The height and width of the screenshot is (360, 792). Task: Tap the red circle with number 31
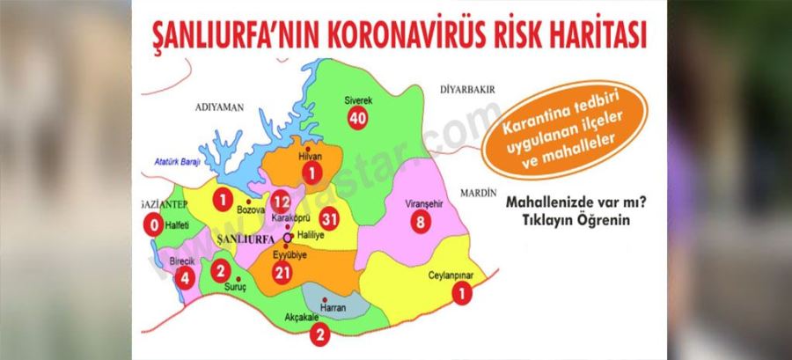pos(329,219)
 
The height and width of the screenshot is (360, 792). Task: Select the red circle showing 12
pos(281,202)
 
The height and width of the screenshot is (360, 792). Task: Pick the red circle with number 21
pos(282,274)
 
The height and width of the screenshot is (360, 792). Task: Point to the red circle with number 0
pos(155,225)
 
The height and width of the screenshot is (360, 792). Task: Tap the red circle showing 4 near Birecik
pos(184,278)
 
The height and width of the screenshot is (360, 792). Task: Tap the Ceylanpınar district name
pos(457,276)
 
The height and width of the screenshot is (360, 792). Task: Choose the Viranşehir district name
pos(422,204)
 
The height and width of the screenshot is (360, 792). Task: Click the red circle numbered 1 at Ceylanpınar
pos(459,296)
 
